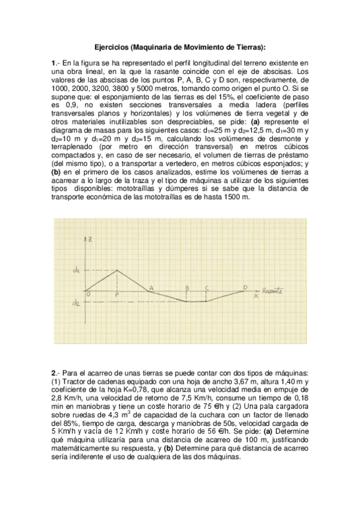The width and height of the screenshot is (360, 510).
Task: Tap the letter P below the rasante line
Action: click(117, 295)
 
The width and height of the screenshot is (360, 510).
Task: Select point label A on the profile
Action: click(151, 288)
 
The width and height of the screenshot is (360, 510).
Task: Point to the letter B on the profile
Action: click(188, 287)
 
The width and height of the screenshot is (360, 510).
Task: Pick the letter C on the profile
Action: click(206, 287)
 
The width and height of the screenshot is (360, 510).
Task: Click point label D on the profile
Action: click(245, 287)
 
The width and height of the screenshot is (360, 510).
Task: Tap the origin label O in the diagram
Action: click(88, 294)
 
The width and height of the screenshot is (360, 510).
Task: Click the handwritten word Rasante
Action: click(273, 290)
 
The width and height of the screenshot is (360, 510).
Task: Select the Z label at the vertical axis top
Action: click(90, 240)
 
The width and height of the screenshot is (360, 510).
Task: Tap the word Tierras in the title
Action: click(247, 46)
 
